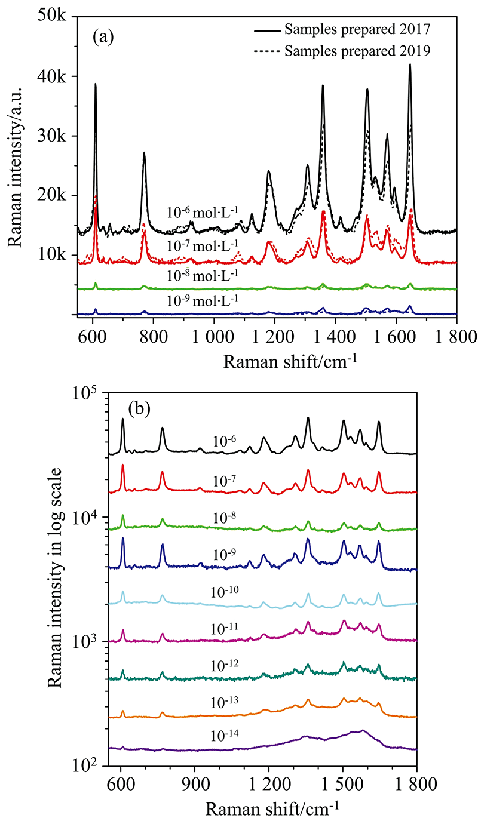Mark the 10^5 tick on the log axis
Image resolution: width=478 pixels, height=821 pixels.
(x=89, y=393)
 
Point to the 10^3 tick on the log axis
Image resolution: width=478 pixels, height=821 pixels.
(x=89, y=641)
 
